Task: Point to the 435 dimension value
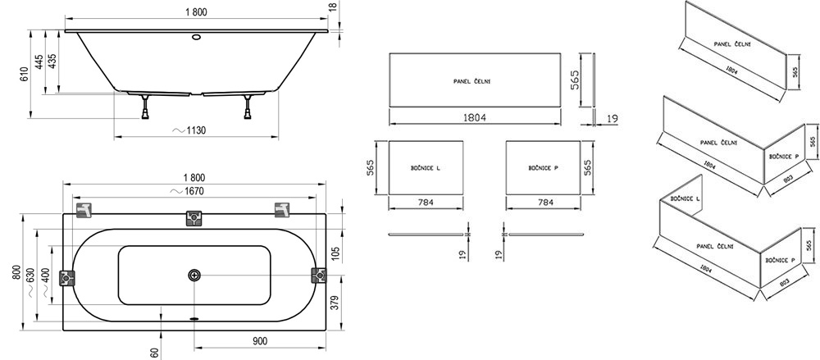tap(53, 62)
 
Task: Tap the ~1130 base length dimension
tap(192, 129)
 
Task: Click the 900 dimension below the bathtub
tap(259, 339)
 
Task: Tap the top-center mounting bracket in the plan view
tap(194, 216)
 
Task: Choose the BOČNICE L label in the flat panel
tap(426, 168)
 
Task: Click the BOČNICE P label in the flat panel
tap(543, 168)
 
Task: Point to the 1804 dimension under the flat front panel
tap(476, 117)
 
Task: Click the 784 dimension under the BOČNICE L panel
tap(426, 202)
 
